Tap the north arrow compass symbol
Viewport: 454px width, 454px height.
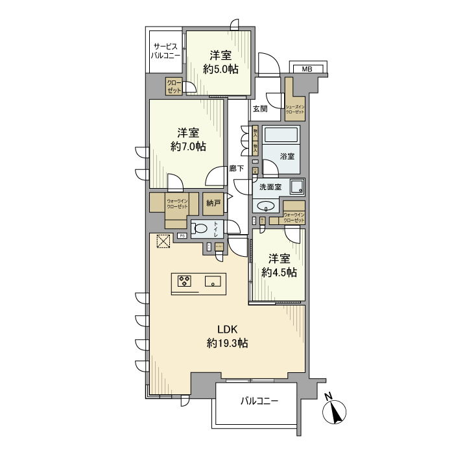(x=335, y=411)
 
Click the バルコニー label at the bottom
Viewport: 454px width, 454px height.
(x=259, y=401)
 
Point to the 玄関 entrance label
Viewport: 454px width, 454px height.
(x=260, y=109)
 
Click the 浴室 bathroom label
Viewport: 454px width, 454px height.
(x=287, y=156)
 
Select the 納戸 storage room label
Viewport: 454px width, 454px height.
(x=213, y=203)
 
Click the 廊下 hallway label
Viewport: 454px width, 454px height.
(x=237, y=169)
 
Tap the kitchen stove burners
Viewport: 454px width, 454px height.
(x=185, y=281)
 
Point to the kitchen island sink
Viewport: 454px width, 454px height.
(x=213, y=281)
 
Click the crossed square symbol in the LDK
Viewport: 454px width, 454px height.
(x=163, y=241)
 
